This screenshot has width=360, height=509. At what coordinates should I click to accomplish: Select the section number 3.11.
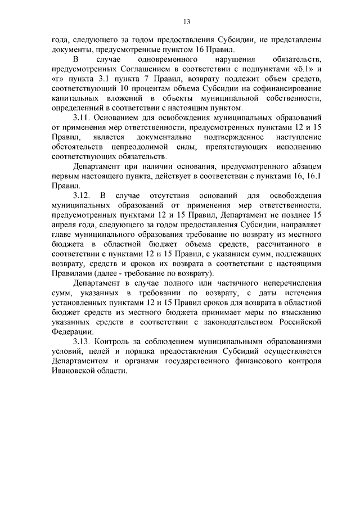pyautogui.click(x=83, y=119)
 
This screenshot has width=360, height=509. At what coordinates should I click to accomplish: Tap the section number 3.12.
pyautogui.click(x=83, y=196)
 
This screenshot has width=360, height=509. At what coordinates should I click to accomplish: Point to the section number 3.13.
pyautogui.click(x=83, y=341)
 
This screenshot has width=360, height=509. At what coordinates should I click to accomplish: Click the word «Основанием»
pyautogui.click(x=120, y=119)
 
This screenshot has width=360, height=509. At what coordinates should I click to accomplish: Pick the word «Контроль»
pyautogui.click(x=115, y=341)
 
